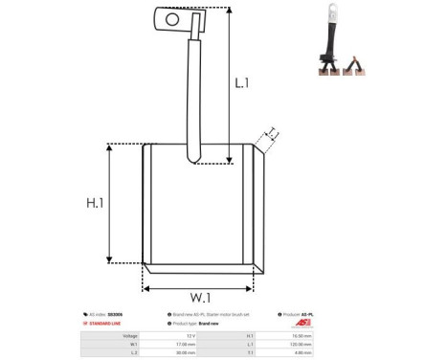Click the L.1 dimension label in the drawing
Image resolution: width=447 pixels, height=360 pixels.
click(243, 83)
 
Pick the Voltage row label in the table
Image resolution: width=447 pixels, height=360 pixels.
click(126, 336)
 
